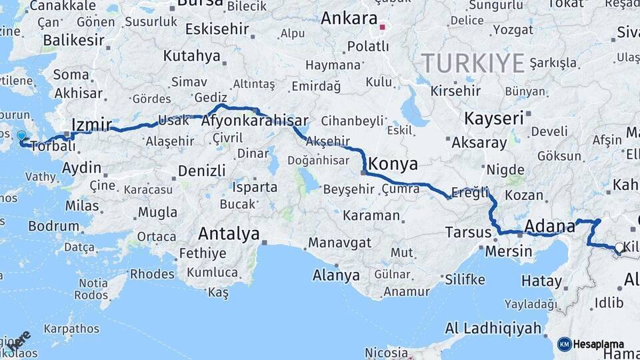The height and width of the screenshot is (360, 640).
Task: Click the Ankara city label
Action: (x=349, y=19)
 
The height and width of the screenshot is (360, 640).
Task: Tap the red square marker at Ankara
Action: (x=383, y=28)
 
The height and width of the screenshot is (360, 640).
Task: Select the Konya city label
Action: (x=393, y=164)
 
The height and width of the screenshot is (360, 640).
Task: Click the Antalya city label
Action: (x=229, y=234)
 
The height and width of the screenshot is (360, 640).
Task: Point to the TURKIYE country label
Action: (x=473, y=63)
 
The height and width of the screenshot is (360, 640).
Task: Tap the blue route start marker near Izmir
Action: (x=21, y=135)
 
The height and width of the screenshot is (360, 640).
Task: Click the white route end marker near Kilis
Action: (x=619, y=248)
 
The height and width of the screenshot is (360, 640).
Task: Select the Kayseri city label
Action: (x=493, y=119)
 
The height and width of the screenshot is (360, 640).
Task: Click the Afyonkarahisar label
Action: (x=254, y=121)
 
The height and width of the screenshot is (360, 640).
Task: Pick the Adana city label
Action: (x=550, y=225)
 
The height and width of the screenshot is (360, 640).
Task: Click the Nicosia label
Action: (x=386, y=352)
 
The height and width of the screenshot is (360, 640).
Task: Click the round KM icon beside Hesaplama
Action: (x=564, y=344)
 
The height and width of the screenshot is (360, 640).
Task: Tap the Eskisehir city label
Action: (x=217, y=29)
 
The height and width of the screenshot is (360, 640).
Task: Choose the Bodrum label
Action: (x=53, y=226)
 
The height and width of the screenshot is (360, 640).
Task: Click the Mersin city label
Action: (x=509, y=251)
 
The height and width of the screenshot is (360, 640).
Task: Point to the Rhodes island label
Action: (x=152, y=273)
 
